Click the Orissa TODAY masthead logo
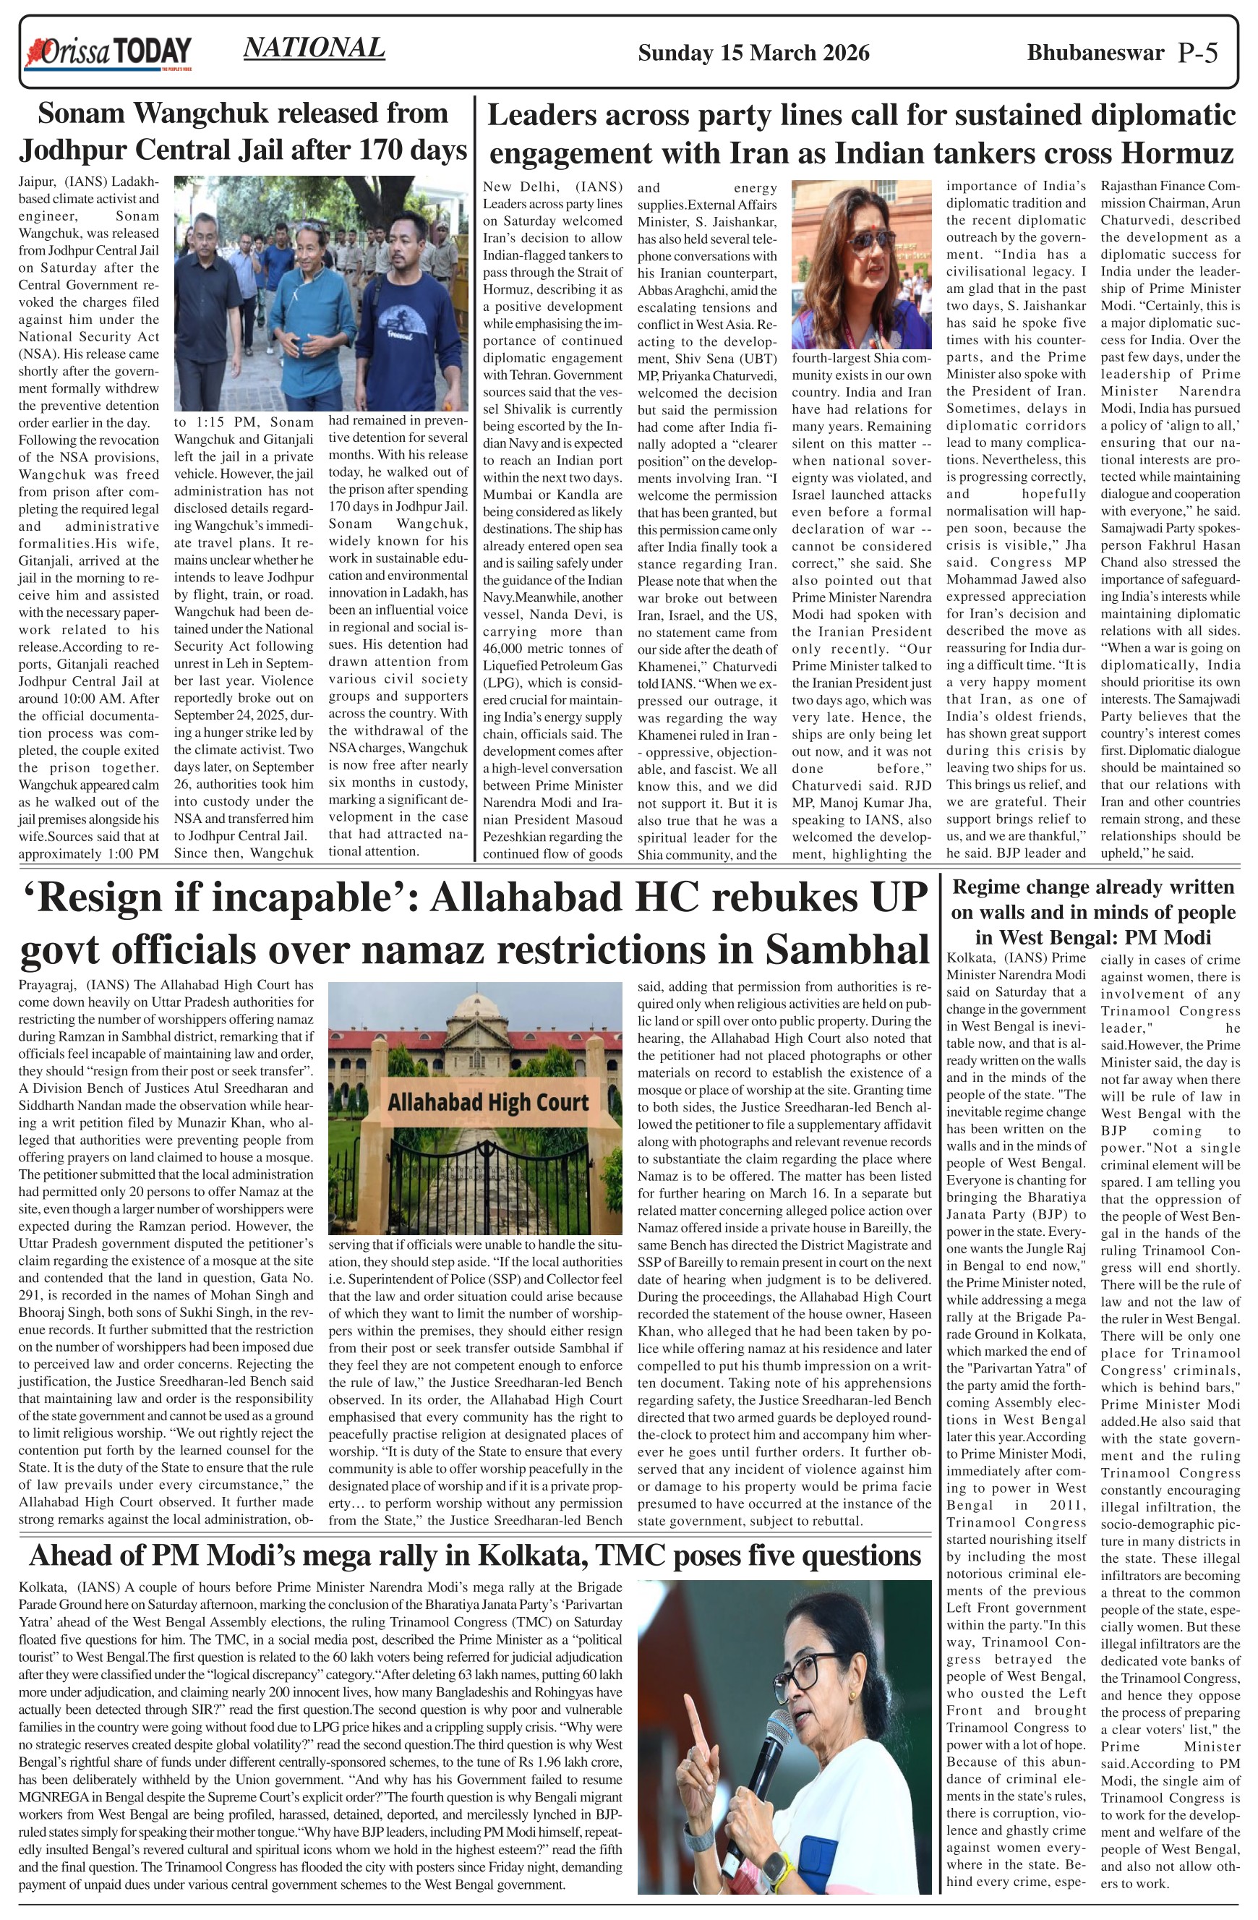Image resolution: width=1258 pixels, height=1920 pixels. [109, 54]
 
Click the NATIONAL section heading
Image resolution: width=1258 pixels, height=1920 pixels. [314, 48]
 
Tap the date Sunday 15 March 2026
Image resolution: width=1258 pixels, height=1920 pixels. [753, 54]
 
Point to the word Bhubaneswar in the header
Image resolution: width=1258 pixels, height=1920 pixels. [1095, 54]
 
